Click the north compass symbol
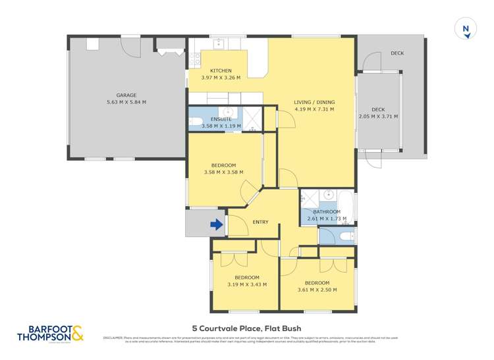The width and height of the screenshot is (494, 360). click(x=466, y=28)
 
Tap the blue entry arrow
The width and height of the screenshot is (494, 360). click(x=215, y=225)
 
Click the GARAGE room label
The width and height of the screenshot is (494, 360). click(x=126, y=95)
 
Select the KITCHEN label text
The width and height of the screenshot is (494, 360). click(x=221, y=70)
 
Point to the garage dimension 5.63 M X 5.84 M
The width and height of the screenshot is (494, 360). click(x=126, y=102)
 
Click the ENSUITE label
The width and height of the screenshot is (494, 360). click(x=221, y=119)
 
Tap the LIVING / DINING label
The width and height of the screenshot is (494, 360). click(x=314, y=102)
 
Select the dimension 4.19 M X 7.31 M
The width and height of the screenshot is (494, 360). click(x=314, y=109)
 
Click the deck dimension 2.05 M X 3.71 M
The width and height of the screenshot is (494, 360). click(x=378, y=116)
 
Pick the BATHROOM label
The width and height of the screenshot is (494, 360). click(x=327, y=211)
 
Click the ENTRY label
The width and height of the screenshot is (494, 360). click(x=261, y=222)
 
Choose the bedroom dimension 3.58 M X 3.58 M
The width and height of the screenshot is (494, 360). click(x=223, y=172)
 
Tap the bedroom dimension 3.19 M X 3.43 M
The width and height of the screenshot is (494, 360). click(x=238, y=284)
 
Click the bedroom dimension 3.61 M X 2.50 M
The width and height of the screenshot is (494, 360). click(x=317, y=290)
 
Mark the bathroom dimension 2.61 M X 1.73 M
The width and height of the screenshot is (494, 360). click(x=327, y=218)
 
